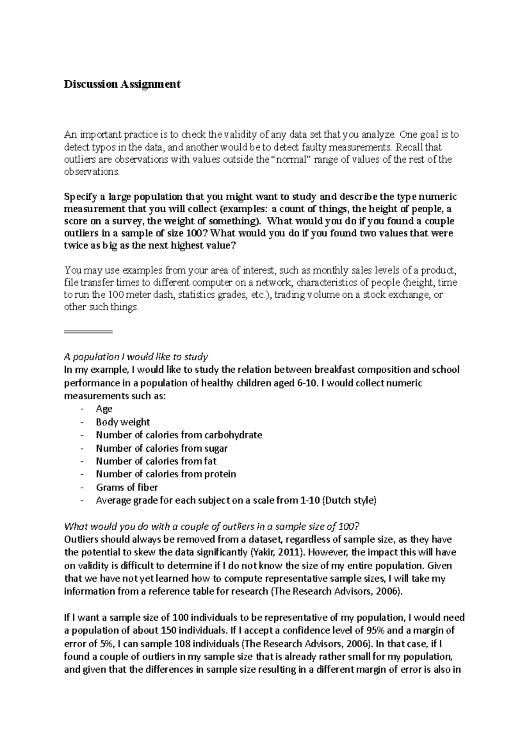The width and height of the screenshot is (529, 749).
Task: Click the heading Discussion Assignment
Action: coord(122,84)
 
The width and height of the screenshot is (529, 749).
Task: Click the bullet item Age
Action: coord(104,408)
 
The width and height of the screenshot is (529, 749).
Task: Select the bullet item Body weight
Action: coord(123,422)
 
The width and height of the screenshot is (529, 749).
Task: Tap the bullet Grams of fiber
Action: coord(127,487)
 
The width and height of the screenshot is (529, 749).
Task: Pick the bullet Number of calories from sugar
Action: coord(162,448)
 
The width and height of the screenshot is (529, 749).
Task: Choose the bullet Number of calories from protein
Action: coord(166,474)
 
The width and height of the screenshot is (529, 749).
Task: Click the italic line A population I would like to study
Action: coord(136,356)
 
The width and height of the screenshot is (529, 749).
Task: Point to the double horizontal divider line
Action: coord(88,331)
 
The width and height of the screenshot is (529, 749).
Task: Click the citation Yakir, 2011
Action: coord(276,552)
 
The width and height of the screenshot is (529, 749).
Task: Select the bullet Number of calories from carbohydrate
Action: coord(179,435)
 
